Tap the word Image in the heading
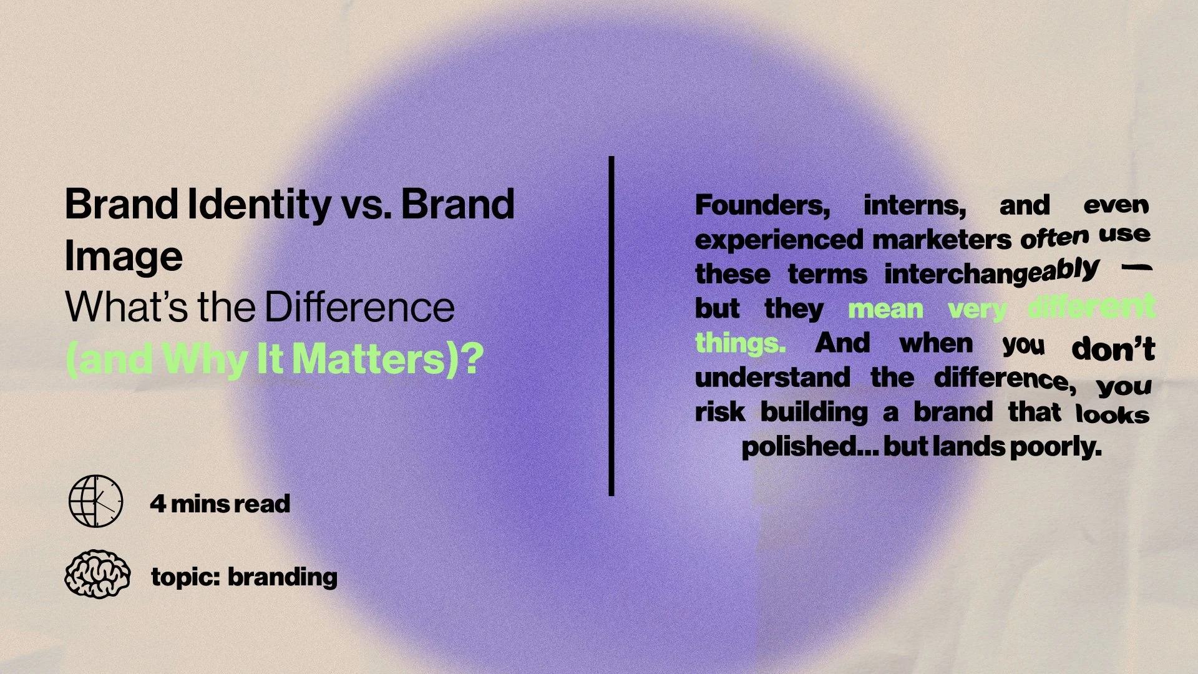click(124, 256)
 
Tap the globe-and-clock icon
click(95, 501)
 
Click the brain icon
click(97, 574)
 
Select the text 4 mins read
click(220, 504)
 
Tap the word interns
click(915, 205)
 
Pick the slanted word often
click(1054, 238)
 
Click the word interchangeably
click(991, 273)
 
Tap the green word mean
click(885, 309)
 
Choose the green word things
click(740, 343)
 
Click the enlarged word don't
click(1113, 349)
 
